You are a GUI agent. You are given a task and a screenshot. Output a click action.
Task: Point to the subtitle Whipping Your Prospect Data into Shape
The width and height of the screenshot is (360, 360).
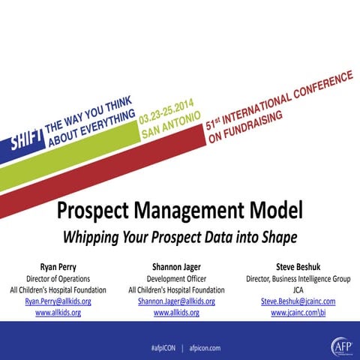[180, 237]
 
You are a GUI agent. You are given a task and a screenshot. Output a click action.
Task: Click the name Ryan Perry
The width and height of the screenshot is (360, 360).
[58, 265]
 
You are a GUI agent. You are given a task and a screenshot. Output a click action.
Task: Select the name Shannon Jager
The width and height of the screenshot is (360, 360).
[176, 265]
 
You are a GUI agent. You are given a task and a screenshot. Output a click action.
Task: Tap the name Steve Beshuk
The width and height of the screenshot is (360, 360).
[298, 265]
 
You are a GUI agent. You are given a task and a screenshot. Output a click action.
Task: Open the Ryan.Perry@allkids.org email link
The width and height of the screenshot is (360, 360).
[58, 301]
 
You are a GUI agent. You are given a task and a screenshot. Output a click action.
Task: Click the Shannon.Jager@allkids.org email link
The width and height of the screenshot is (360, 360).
[176, 301]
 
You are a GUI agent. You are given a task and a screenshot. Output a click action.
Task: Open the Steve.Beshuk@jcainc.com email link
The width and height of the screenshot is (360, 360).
[298, 301]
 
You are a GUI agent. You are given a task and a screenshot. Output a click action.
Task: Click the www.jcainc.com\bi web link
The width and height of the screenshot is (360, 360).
[298, 312]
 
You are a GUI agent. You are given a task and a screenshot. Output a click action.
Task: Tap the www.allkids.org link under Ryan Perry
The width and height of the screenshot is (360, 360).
[58, 312]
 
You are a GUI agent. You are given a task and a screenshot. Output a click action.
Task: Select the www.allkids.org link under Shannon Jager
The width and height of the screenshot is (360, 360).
[176, 312]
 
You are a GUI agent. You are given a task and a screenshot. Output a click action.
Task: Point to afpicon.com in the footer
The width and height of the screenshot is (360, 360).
[205, 348]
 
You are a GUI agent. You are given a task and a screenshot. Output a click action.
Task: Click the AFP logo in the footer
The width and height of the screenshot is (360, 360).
[340, 346]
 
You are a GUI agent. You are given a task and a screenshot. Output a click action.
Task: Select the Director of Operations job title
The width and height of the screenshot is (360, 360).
[58, 278]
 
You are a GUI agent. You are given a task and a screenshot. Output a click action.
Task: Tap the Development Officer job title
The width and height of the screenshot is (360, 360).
[176, 278]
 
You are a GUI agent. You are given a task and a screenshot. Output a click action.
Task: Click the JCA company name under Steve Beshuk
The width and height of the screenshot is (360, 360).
[298, 289]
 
